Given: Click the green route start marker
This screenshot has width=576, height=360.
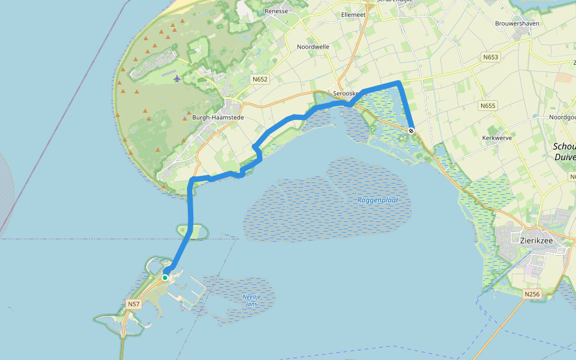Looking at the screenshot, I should (164, 277).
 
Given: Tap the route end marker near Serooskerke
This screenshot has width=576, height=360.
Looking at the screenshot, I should (411, 131).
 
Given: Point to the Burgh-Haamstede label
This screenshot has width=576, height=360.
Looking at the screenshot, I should (218, 118).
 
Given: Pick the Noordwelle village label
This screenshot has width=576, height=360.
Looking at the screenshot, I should (313, 47).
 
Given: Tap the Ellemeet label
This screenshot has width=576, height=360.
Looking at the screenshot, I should (353, 14).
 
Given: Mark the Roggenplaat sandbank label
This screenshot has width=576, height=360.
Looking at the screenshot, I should (377, 200).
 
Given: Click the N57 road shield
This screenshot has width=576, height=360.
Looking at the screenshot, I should (134, 305).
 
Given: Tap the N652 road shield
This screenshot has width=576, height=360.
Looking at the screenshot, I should (259, 79).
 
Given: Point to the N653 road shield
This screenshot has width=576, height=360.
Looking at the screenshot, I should (490, 58).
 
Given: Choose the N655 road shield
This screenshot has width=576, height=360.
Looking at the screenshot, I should (488, 106).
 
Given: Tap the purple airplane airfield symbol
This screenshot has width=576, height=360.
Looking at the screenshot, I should (177, 79).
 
